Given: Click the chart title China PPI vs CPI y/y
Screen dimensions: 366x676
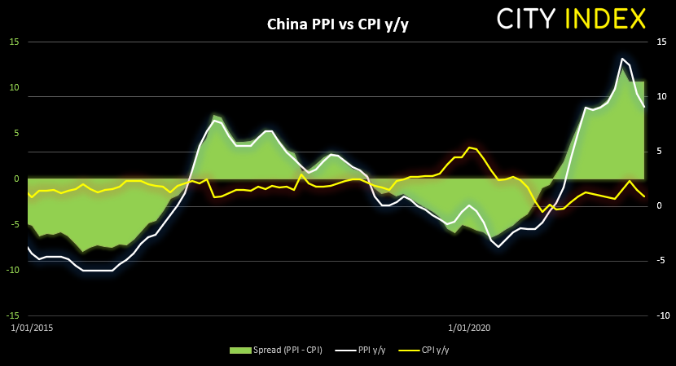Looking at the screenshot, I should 338,24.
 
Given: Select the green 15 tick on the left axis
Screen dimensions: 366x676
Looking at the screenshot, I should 13,42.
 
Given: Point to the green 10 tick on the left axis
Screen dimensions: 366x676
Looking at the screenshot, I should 13,87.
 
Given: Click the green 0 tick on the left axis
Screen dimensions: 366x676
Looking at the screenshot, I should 15,179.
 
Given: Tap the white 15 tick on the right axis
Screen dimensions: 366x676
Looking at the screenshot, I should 661,42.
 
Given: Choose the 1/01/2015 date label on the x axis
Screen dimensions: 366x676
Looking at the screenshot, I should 31,328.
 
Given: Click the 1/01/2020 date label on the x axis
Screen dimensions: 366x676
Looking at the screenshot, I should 470,328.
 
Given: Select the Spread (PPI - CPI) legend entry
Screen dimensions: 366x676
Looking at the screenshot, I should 275,350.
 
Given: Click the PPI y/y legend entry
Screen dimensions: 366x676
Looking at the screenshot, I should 365,350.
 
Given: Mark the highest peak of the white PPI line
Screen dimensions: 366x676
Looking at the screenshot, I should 622,59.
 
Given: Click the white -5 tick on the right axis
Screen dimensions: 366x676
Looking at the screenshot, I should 660,261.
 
